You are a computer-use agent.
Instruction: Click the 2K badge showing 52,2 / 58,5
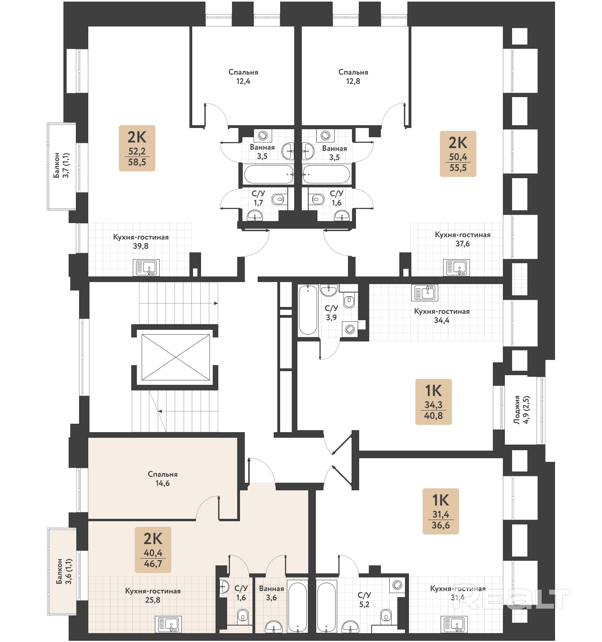tap(137, 148)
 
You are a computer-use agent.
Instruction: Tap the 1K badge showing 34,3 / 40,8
tap(433, 402)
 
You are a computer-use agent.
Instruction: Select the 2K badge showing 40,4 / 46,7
tap(153, 550)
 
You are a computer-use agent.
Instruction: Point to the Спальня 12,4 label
tap(243, 77)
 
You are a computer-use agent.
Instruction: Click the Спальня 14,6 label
tap(163, 479)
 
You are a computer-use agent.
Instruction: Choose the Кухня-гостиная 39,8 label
tap(141, 242)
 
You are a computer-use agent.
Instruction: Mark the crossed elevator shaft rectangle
tap(176, 357)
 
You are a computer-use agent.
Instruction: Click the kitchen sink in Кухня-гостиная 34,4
tap(425, 293)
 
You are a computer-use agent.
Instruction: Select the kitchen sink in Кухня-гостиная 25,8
tap(168, 624)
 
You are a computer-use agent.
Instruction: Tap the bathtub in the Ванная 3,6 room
tap(297, 606)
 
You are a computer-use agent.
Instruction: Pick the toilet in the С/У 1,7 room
tap(278, 199)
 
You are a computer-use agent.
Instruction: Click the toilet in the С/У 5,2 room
tap(386, 615)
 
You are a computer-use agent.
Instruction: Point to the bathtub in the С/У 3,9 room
tap(308, 310)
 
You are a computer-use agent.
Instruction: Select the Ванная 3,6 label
tap(271, 593)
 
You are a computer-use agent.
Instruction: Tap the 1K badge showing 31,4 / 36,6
tap(441, 511)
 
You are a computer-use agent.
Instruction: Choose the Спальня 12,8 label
tap(353, 77)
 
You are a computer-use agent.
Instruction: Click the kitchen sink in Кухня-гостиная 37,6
tap(457, 268)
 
